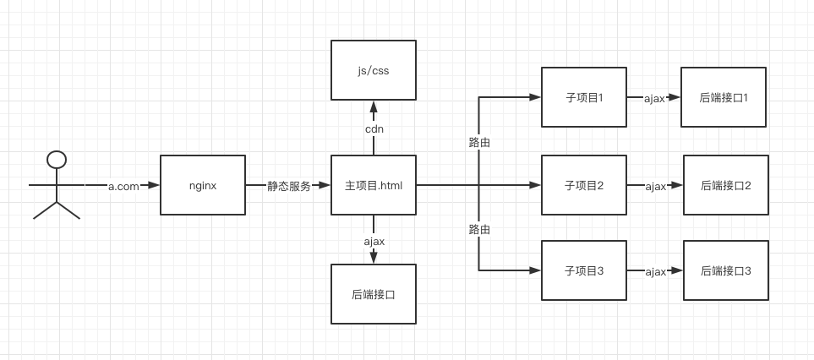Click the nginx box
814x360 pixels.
click(x=203, y=184)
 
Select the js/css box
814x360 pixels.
click(x=374, y=70)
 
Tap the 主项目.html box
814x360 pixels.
click(x=374, y=185)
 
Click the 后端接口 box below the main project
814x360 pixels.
click(x=374, y=294)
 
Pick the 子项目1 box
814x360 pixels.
click(x=584, y=97)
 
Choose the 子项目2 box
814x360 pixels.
click(x=584, y=185)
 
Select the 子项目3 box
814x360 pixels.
click(x=584, y=270)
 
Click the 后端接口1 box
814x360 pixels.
click(x=724, y=97)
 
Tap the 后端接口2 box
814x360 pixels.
click(x=726, y=185)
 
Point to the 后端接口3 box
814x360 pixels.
click(x=726, y=270)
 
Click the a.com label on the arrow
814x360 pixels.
click(x=123, y=186)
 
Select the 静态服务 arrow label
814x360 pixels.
click(x=289, y=186)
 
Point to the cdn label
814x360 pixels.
click(x=374, y=128)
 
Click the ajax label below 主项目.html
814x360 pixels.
click(x=374, y=241)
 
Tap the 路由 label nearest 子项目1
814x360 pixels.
click(x=479, y=142)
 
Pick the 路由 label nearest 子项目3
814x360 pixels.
click(x=479, y=229)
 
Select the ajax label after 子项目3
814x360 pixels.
click(x=656, y=272)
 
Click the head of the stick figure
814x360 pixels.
click(x=57, y=159)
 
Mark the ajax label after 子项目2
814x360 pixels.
click(x=656, y=187)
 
